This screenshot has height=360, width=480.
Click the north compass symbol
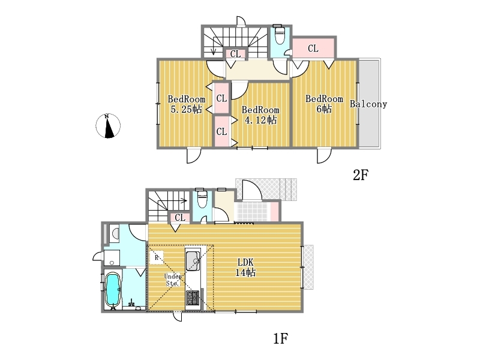tap(108, 126)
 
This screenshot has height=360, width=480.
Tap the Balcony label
tap(368, 104)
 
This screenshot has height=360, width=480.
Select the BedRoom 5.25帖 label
tap(186, 104)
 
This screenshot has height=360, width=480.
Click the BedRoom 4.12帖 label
tap(260, 115)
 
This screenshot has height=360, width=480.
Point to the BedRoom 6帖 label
tap(324, 104)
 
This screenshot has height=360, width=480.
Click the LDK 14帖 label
tap(245, 267)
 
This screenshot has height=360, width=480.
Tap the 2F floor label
tap(361, 175)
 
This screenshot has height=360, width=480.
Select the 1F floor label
tap(280, 338)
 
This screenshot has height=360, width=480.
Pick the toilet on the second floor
tap(280, 34)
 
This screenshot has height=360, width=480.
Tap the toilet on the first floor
tap(202, 199)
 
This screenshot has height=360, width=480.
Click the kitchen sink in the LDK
tap(193, 260)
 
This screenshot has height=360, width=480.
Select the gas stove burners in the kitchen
tap(193, 298)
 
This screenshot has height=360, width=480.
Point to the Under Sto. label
tap(173, 280)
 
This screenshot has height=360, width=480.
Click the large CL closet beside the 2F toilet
tap(313, 48)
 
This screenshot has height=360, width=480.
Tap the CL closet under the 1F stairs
tap(180, 217)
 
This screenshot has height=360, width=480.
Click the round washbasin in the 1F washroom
tap(116, 234)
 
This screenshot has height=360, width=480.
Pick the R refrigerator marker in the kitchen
tap(157, 257)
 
